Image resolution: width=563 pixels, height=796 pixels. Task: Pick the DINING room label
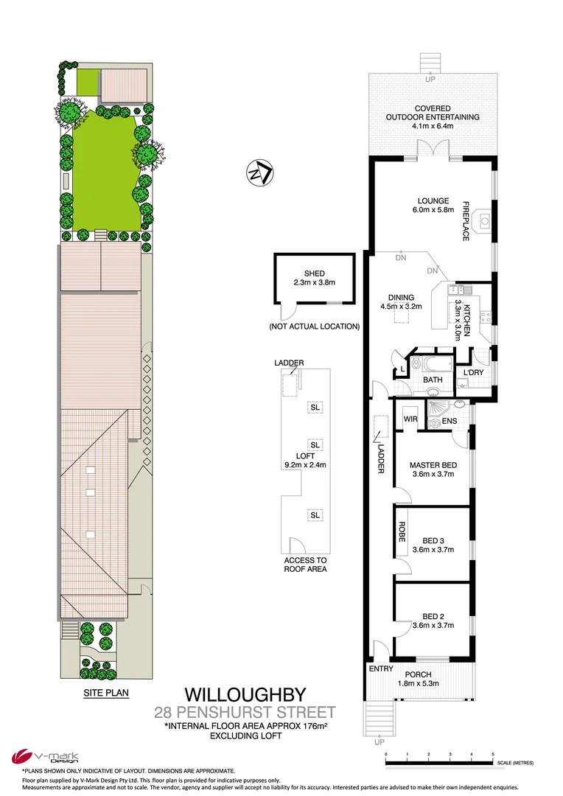pyautogui.click(x=398, y=298)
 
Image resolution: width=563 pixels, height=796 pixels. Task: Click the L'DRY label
pyautogui.click(x=474, y=372)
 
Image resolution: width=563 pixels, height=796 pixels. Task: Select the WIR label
pyautogui.click(x=410, y=419)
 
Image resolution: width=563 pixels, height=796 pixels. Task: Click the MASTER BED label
pyautogui.click(x=433, y=465)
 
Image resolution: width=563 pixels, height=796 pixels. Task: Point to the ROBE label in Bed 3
pyautogui.click(x=402, y=532)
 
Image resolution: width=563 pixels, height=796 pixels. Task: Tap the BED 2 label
pyautogui.click(x=433, y=616)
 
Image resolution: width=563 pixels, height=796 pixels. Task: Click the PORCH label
pyautogui.click(x=418, y=674)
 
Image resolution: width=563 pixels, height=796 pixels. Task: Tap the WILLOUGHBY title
pyautogui.click(x=244, y=694)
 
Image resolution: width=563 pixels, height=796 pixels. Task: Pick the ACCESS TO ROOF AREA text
pyautogui.click(x=304, y=565)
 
